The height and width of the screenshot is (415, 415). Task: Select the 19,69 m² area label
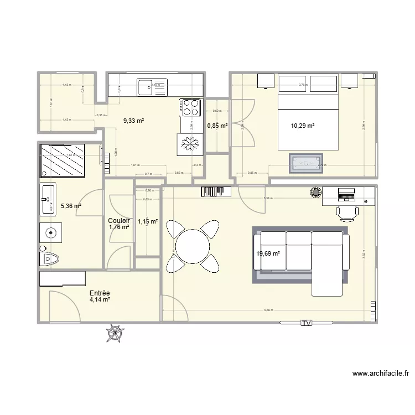click(268, 254)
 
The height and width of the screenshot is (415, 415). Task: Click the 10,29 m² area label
click(303, 126)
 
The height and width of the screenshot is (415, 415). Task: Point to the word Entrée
click(100, 293)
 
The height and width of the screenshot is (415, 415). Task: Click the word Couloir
click(119, 220)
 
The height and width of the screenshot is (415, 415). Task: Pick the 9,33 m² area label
click(133, 120)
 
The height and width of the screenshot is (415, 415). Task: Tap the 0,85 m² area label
click(217, 126)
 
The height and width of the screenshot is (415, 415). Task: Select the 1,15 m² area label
click(148, 222)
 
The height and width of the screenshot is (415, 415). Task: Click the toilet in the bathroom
click(50, 258)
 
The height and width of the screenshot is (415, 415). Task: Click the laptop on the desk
click(347, 194)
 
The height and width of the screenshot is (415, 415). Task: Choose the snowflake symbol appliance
click(190, 144)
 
